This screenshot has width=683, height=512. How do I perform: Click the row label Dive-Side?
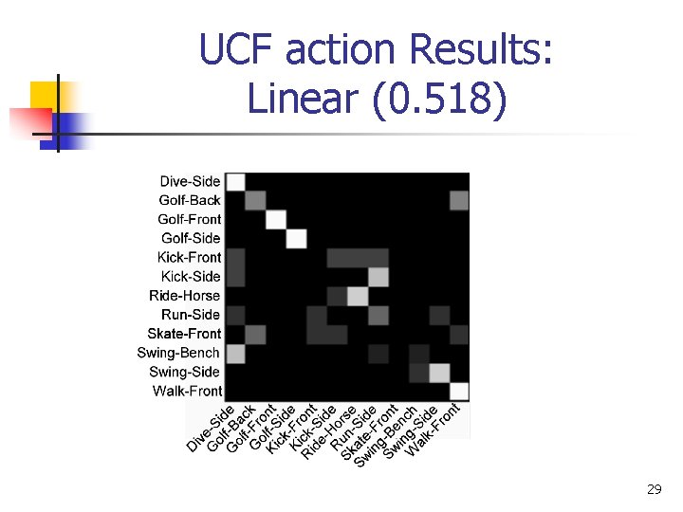pyautogui.click(x=190, y=181)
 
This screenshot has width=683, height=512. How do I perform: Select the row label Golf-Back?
pyautogui.click(x=190, y=200)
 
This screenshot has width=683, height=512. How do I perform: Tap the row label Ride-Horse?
pyautogui.click(x=184, y=296)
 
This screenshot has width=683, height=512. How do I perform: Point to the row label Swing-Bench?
pyautogui.click(x=178, y=353)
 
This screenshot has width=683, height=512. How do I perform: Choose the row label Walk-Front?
pyautogui.click(x=187, y=391)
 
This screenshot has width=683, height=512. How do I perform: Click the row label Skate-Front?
pyautogui.click(x=184, y=334)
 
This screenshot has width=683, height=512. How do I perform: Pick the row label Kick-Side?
pyautogui.click(x=191, y=277)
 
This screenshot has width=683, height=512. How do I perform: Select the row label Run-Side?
pyautogui.click(x=191, y=315)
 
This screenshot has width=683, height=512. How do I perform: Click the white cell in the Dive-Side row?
pyautogui.click(x=235, y=181)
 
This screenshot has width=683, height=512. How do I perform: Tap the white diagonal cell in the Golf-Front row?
pyautogui.click(x=275, y=219)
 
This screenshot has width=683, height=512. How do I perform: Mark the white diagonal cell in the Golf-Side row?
pyautogui.click(x=296, y=238)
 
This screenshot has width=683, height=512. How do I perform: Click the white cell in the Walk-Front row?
pyautogui.click(x=459, y=391)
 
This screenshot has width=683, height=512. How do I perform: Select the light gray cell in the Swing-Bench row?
pyautogui.click(x=235, y=353)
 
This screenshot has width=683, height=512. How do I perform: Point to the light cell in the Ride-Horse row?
pyautogui.click(x=358, y=296)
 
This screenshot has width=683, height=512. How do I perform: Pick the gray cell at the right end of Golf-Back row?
pyautogui.click(x=459, y=200)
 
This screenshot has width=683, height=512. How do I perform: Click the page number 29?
pyautogui.click(x=654, y=489)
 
